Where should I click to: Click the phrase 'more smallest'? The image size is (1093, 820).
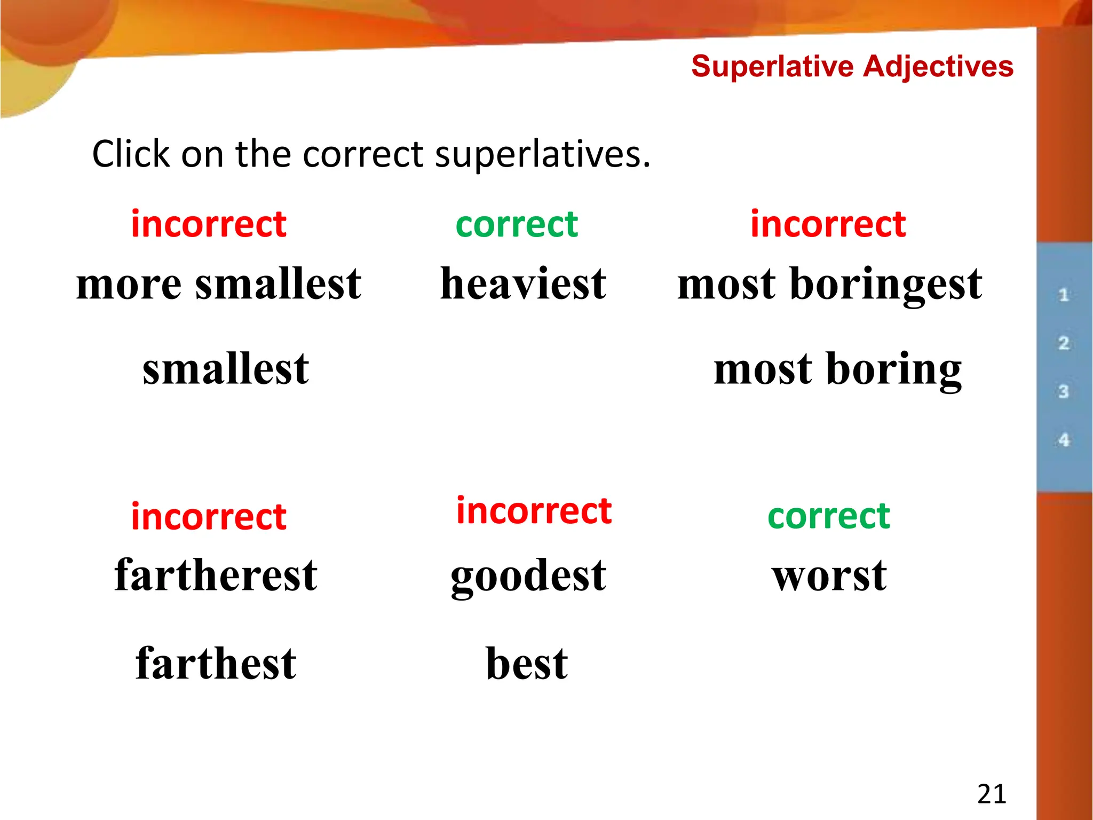pyautogui.click(x=219, y=284)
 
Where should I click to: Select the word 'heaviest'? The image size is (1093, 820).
pyautogui.click(x=523, y=284)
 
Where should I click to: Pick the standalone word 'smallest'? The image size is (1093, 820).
pyautogui.click(x=226, y=369)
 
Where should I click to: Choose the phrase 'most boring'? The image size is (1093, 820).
pyautogui.click(x=838, y=370)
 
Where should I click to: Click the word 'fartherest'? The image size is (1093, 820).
pyautogui.click(x=216, y=575)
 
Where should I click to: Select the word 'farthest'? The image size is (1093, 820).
pyautogui.click(x=216, y=664)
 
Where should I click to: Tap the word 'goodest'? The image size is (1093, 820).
pyautogui.click(x=528, y=577)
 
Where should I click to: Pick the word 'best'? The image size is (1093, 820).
pyautogui.click(x=527, y=664)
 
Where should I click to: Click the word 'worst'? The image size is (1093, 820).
pyautogui.click(x=829, y=577)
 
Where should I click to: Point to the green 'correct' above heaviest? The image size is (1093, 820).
pyautogui.click(x=517, y=224)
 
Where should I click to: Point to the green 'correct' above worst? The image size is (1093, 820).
pyautogui.click(x=829, y=516)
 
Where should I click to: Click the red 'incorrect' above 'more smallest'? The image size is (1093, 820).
pyautogui.click(x=209, y=224)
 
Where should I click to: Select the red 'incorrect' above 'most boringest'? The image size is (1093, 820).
pyautogui.click(x=828, y=224)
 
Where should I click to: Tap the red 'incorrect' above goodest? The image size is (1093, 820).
pyautogui.click(x=534, y=511)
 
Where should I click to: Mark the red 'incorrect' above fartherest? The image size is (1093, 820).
pyautogui.click(x=209, y=517)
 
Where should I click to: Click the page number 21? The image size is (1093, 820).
pyautogui.click(x=992, y=794)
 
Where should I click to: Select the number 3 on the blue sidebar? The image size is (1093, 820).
pyautogui.click(x=1064, y=391)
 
